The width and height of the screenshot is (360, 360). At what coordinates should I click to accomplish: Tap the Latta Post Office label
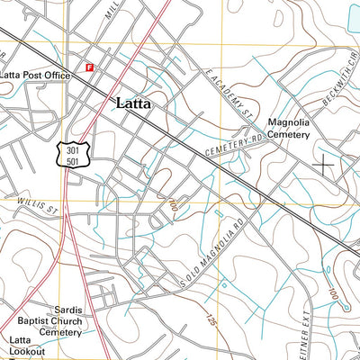pos(35,76)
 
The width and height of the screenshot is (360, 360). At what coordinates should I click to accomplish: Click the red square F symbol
pos(89,66)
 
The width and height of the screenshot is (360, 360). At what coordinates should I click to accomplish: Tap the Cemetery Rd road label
pos(237,145)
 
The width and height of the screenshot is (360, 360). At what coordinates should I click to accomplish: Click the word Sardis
pos(67,310)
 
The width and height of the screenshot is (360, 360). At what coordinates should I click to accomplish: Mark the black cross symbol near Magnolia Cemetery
pos(323,165)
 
